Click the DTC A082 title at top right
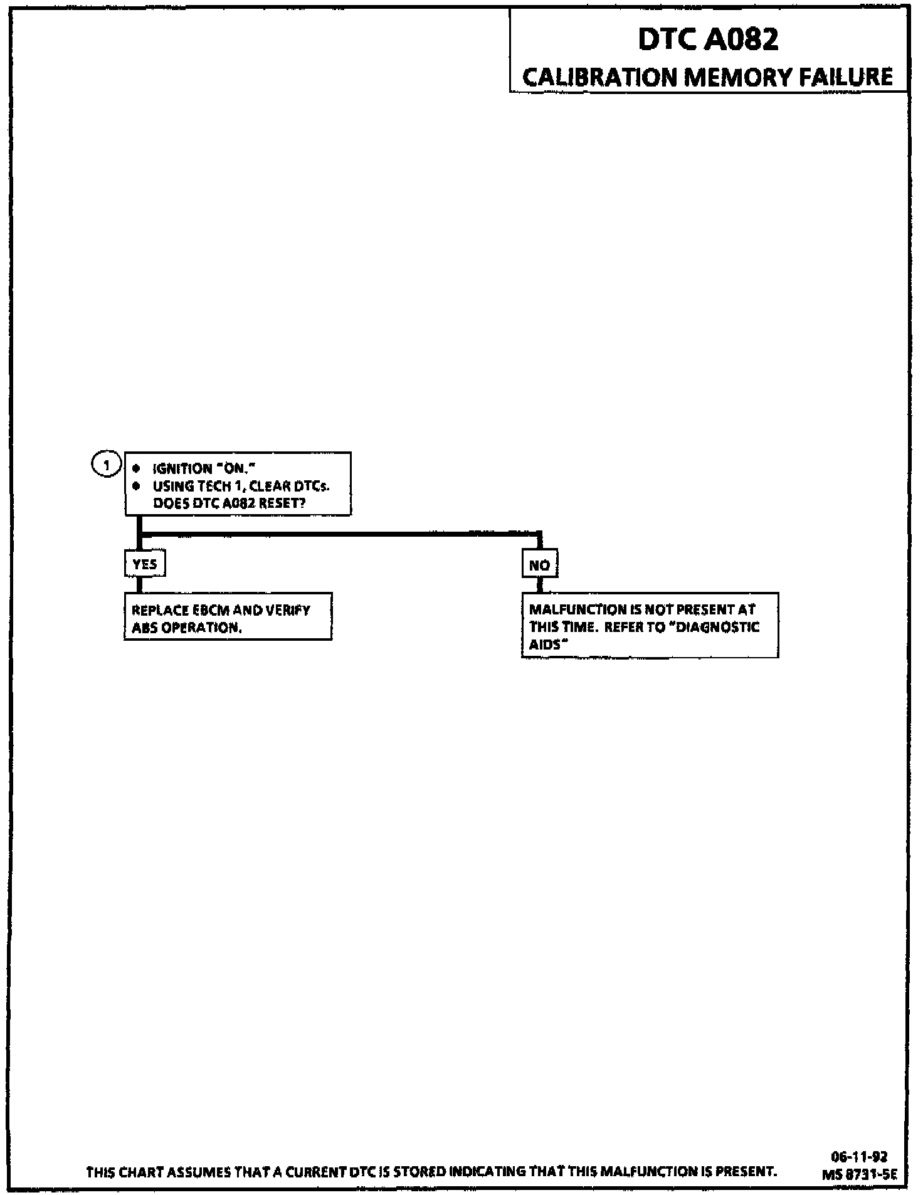(708, 39)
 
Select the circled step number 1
(107, 465)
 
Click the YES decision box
(145, 564)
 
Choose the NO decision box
(539, 565)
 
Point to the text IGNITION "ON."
(205, 468)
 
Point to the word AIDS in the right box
(543, 645)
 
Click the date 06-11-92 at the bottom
(859, 1157)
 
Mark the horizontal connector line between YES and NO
(339, 534)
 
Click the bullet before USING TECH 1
(136, 486)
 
